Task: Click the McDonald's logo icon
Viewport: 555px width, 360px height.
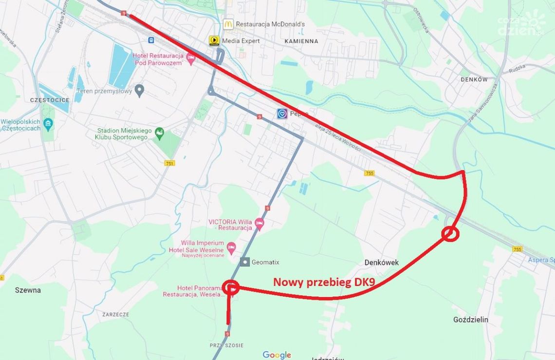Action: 228,23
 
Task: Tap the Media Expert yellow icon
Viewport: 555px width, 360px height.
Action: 214,40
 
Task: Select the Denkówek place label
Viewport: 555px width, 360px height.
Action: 381,263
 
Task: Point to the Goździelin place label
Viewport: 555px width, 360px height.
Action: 470,320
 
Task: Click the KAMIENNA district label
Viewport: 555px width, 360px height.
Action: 301,41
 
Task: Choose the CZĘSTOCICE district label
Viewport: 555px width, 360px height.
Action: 50,100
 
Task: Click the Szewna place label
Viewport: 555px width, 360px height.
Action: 28,290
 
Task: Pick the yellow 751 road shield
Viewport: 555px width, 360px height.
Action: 169,164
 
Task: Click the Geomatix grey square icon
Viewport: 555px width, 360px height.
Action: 245,262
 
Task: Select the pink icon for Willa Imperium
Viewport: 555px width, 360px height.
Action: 231,246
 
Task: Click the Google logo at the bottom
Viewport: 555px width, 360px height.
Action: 277,355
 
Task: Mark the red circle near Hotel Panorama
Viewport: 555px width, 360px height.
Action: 230,287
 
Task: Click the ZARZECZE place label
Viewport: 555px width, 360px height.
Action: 115,315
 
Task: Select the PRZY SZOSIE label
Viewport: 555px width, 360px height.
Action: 226,345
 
